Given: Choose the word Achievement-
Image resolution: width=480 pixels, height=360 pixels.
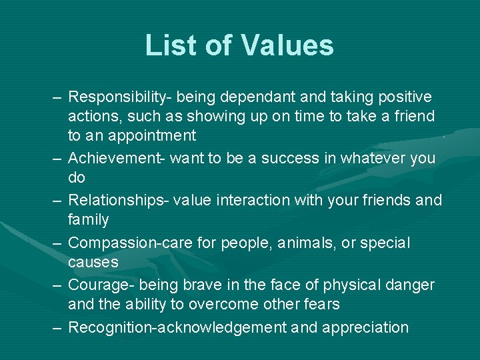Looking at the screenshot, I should [117, 158].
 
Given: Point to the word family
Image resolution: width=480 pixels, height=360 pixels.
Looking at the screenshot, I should [88, 219].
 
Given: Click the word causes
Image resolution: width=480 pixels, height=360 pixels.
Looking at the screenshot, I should [93, 262].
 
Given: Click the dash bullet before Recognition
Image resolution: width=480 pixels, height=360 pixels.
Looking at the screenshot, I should [57, 327].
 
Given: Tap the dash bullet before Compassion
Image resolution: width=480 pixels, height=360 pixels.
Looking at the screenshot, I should [57, 243].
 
